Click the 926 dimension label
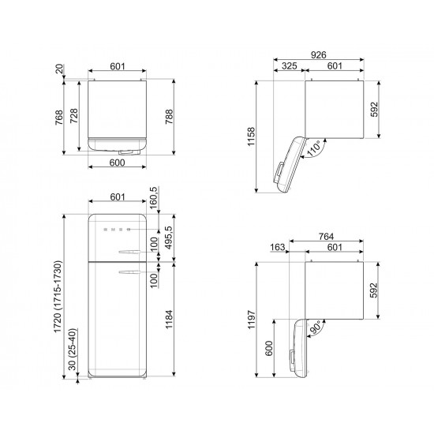(318, 54)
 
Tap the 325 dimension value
(290, 65)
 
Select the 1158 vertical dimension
(251, 137)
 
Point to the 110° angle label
(314, 149)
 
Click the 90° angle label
(316, 328)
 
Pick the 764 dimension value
(326, 237)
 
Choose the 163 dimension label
(277, 247)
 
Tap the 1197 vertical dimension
(251, 320)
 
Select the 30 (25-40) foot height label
(72, 350)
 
